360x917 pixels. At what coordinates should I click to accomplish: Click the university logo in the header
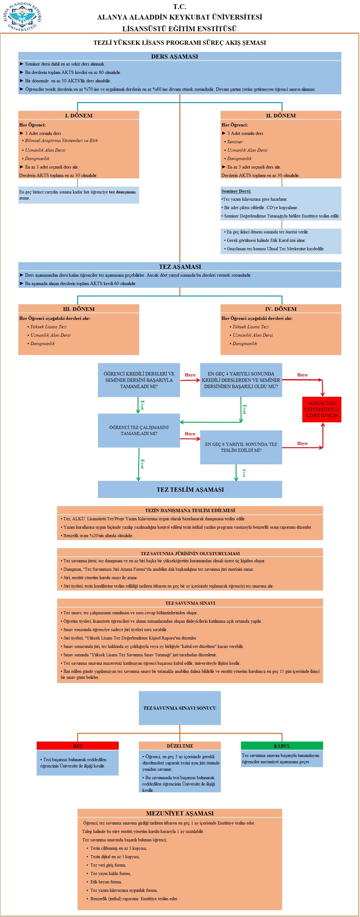point(23,17)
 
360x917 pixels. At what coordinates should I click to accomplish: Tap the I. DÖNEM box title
point(79,115)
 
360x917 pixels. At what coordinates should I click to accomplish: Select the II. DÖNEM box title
point(281,115)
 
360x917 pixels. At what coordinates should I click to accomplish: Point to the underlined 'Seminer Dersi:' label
point(236,191)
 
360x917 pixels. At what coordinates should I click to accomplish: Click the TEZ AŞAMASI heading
point(180,267)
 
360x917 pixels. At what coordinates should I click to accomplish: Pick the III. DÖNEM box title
point(79,309)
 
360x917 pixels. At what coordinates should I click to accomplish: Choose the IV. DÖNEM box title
point(281,309)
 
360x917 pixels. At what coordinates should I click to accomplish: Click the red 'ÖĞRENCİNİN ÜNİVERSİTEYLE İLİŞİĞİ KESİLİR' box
point(322,409)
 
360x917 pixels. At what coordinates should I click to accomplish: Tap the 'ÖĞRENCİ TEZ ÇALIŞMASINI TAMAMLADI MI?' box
point(139,430)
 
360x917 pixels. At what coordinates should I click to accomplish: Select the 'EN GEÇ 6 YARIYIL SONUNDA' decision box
point(241,447)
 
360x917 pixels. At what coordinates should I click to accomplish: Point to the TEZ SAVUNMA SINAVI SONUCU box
point(180,708)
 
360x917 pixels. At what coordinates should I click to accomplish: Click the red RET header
point(78,746)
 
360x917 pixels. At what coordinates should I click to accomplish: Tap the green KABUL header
point(282,746)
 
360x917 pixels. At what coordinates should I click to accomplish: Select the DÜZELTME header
point(180,746)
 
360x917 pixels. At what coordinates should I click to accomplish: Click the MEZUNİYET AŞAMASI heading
point(180,813)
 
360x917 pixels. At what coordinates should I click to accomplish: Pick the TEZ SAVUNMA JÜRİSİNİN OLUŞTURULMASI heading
point(190,553)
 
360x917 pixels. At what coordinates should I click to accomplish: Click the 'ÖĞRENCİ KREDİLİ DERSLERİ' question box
point(139,380)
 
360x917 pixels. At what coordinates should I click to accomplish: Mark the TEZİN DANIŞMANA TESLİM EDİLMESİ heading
point(190,510)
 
